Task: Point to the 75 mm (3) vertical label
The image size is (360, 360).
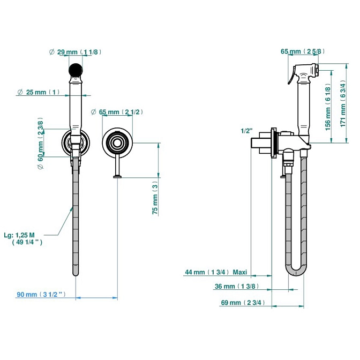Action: click(x=155, y=198)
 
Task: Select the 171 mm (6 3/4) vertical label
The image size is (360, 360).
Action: click(x=343, y=108)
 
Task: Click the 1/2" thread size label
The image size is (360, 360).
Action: click(x=246, y=131)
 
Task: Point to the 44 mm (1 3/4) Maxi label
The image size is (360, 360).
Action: click(x=215, y=272)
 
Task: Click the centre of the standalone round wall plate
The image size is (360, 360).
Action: click(x=116, y=142)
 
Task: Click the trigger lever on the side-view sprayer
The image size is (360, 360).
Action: click(x=290, y=78)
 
